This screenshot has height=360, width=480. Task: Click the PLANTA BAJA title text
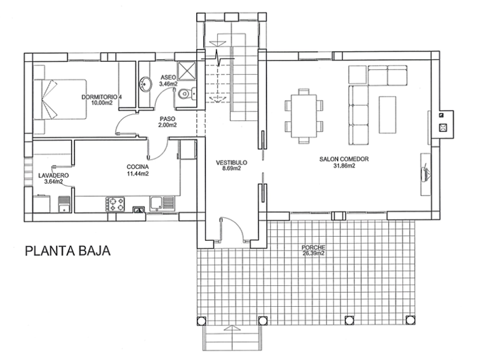pos(67,250)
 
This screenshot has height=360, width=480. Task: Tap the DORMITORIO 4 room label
pos(101,97)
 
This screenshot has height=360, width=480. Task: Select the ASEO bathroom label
pos(168,77)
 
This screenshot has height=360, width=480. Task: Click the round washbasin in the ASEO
pos(146,84)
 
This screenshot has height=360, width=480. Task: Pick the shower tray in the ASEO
pos(187,70)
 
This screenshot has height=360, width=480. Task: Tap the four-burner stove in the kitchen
pos(115,204)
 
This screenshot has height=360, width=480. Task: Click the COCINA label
pos(138,167)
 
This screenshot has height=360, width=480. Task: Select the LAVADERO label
pos(54,176)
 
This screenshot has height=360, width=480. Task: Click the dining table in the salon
pos(304,116)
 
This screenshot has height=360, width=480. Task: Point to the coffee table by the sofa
pos(387,115)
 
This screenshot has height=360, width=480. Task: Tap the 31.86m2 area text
pos(344,166)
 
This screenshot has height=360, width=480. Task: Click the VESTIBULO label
pos(231,163)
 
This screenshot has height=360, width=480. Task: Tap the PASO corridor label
pos(167,118)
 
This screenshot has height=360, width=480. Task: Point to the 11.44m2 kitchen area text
pos(138,174)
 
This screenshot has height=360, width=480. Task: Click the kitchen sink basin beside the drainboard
pos(156,203)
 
